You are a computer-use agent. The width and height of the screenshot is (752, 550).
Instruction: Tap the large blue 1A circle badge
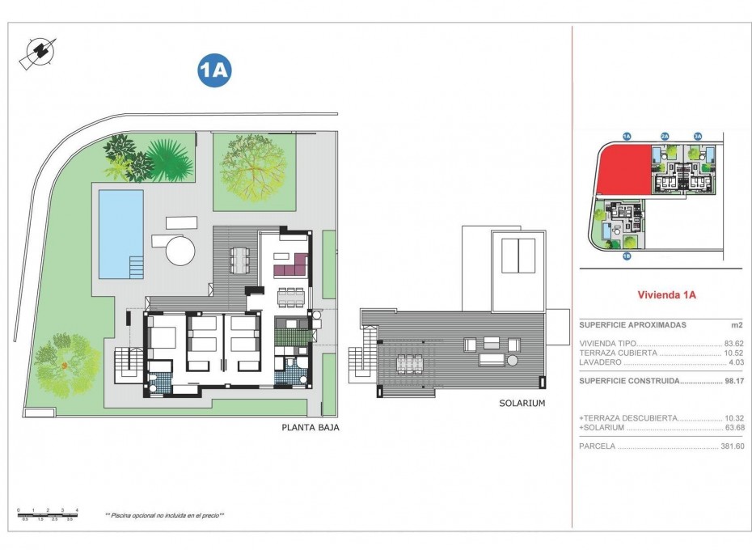tap(214, 71)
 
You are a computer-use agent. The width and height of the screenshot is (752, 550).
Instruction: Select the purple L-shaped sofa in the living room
tap(291, 264)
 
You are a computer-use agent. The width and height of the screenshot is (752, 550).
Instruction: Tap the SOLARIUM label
tap(522, 402)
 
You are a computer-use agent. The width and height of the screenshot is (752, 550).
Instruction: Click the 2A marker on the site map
tap(665, 137)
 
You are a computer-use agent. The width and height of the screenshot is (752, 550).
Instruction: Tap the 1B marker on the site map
tap(627, 256)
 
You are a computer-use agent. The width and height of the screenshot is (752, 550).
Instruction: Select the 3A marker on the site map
tap(697, 137)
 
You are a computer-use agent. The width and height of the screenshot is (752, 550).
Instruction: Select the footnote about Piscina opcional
tap(165, 514)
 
